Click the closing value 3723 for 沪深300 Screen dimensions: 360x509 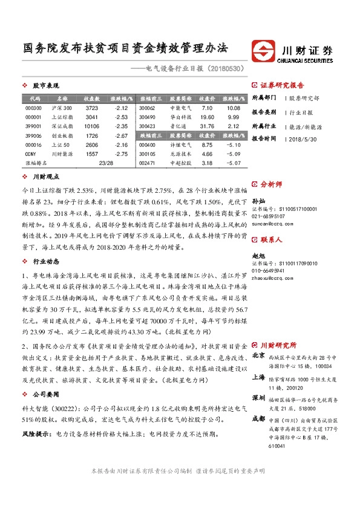point(91,108)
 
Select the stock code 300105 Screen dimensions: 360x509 point(147,154)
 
